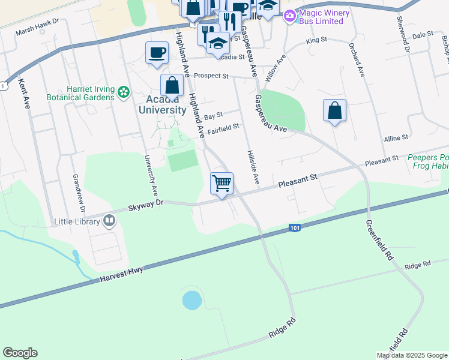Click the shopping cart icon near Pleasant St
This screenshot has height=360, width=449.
(222, 182)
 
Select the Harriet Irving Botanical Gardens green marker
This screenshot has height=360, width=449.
(124, 92)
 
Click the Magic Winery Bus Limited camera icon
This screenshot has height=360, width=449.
(290, 16)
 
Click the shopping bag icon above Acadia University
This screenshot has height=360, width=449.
(172, 85)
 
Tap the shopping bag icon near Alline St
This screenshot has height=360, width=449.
(334, 110)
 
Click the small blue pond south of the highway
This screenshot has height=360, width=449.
(191, 300)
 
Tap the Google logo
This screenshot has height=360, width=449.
(20, 353)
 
